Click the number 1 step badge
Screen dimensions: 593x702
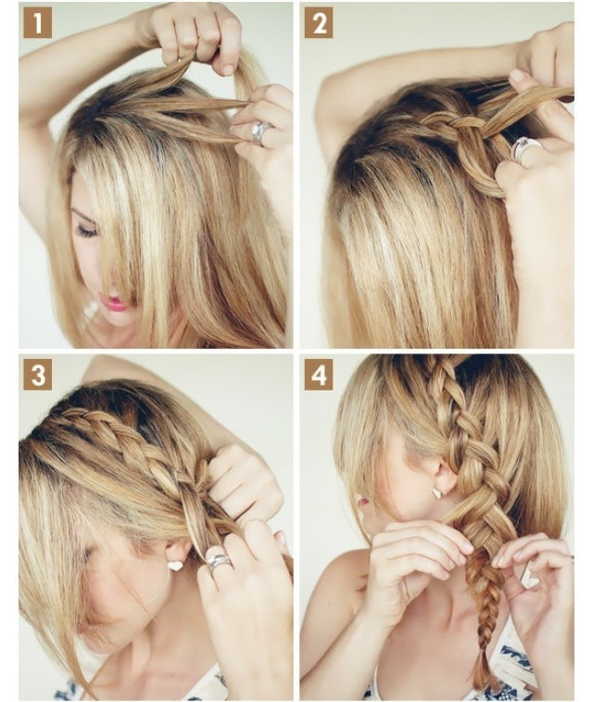point(38,24)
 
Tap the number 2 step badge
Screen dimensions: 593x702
point(319,24)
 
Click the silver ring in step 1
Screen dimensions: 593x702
point(260,133)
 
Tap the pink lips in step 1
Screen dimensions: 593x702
point(114,302)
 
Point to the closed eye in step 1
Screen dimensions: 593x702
point(87,231)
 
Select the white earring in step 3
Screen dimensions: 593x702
point(176,566)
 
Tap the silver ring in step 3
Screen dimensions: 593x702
point(220,562)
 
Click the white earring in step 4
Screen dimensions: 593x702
point(436,492)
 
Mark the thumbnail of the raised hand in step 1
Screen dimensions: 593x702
point(227,69)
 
